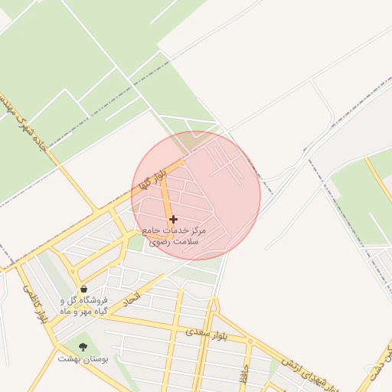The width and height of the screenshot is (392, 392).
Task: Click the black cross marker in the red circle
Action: [x=173, y=219]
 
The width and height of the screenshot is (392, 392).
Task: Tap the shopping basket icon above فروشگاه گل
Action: [x=83, y=289]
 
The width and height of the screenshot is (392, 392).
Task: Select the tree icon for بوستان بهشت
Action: [x=83, y=347]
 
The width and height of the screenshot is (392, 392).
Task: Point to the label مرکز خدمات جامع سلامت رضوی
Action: [x=175, y=235]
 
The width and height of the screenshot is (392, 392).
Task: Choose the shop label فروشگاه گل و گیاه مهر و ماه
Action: [x=85, y=305]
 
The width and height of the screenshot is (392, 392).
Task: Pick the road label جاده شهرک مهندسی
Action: [x=25, y=122]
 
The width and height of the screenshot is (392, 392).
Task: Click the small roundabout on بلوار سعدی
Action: [x=249, y=340]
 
